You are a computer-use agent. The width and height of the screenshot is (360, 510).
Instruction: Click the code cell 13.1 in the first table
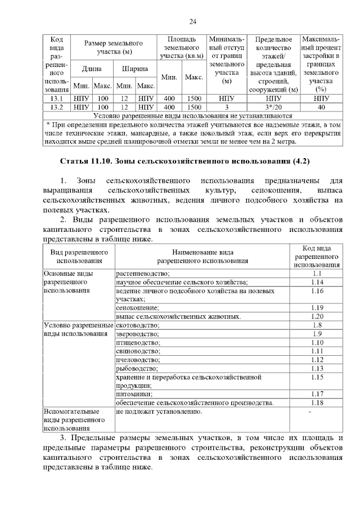(56, 98)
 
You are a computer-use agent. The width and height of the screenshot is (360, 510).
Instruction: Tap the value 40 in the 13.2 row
(321, 106)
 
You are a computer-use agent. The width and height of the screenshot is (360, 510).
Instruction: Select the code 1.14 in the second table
(317, 282)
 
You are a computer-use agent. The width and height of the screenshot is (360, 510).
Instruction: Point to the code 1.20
(317, 316)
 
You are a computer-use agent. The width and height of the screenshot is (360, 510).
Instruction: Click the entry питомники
(134, 394)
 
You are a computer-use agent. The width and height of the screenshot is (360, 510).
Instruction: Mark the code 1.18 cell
(317, 402)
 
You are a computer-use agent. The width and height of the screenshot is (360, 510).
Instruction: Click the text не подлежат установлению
(158, 412)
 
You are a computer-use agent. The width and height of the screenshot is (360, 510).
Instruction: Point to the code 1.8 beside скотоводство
(317, 325)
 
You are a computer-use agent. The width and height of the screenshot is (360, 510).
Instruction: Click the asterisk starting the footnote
(49, 123)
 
